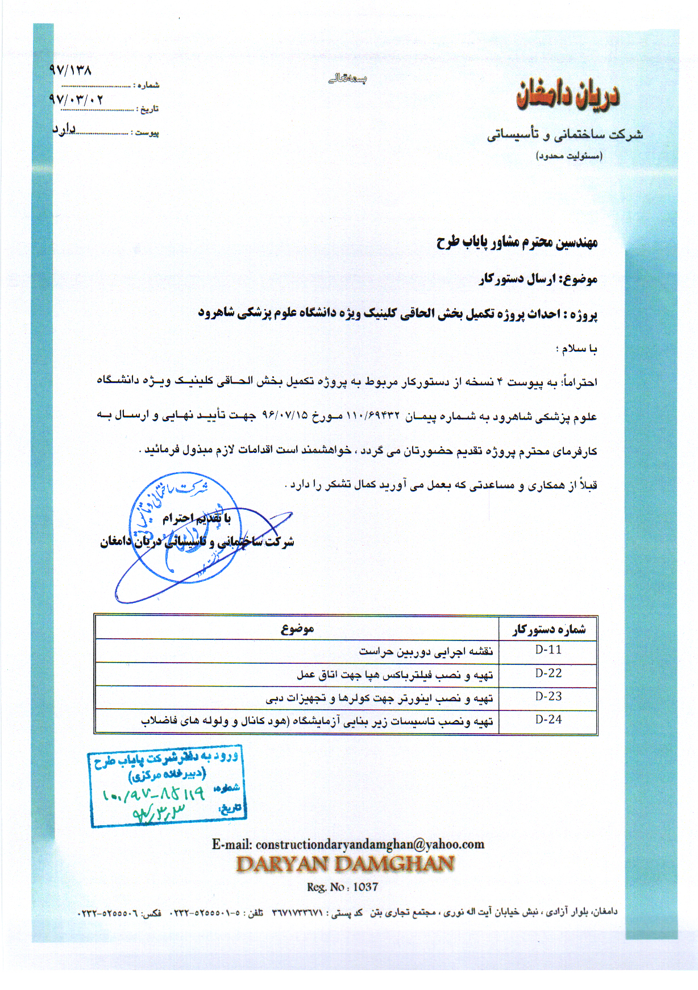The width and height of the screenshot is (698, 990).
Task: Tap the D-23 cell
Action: coord(548,696)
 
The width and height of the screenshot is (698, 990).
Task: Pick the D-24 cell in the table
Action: coord(548,719)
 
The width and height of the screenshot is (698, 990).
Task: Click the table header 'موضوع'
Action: coord(297,628)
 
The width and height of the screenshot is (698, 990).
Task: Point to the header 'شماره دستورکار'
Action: coord(548,629)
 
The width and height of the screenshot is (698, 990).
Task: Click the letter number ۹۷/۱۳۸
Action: coord(70,70)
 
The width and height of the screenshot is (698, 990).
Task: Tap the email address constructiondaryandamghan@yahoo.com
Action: coord(369,844)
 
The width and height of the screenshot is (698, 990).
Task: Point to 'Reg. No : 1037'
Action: coord(342,887)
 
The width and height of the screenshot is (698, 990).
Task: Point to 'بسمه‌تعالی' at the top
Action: coord(347,79)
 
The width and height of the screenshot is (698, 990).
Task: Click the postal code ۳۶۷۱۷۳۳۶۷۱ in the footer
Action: coord(297,913)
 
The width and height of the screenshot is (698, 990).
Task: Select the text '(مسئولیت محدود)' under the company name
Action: coord(568,155)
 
